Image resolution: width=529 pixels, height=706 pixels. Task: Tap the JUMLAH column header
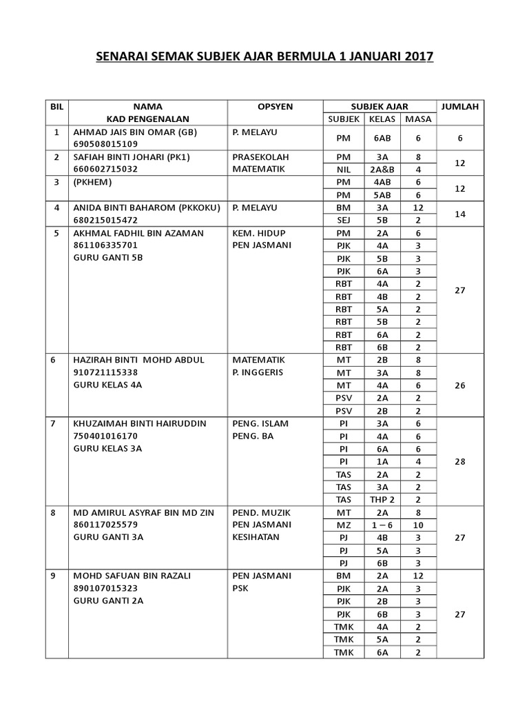point(460,107)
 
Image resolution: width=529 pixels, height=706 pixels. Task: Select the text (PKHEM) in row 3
point(91,183)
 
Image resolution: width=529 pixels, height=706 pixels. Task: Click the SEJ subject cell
point(343,221)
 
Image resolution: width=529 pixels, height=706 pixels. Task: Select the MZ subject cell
point(343,525)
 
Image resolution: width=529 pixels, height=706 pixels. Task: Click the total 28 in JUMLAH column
point(460,461)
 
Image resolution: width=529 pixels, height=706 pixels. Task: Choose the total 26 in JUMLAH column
point(460,385)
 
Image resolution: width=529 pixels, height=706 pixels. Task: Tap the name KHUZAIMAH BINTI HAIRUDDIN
point(140,423)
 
